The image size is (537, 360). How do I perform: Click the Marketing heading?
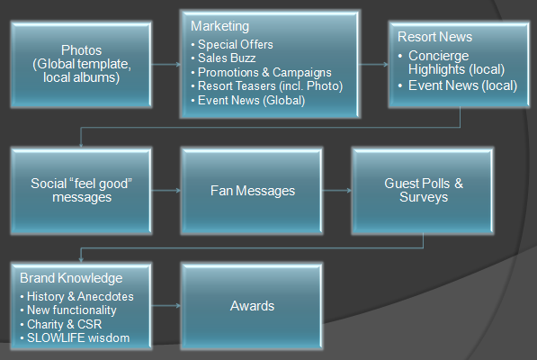219,27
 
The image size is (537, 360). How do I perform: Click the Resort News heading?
434,37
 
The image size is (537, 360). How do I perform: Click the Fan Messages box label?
253,191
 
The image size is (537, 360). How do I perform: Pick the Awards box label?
252,306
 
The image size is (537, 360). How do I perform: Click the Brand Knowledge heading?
71,278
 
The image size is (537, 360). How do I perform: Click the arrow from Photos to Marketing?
166,64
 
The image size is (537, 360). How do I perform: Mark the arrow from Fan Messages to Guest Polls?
336,190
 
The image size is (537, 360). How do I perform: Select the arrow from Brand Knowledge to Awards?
166,305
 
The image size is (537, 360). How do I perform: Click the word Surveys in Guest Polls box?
424,197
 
